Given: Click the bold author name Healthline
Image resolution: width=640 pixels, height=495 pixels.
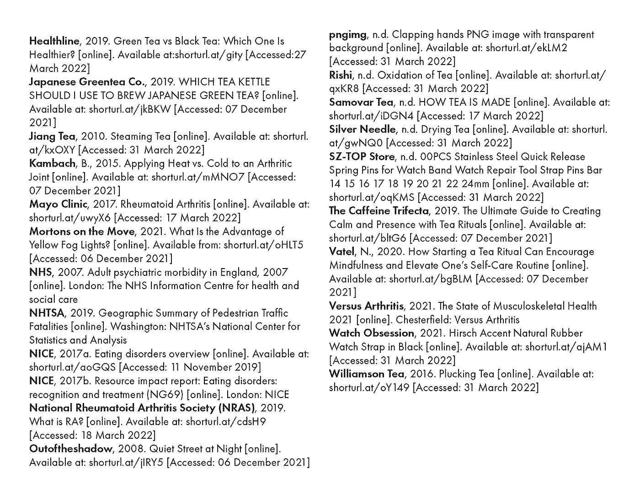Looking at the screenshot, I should coord(54,41).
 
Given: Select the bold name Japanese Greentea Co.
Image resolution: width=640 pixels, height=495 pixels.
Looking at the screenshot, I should coord(87,82).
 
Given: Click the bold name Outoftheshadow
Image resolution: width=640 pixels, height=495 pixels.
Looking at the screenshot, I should coord(70,449).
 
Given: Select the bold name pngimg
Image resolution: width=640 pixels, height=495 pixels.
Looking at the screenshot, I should coord(347,35).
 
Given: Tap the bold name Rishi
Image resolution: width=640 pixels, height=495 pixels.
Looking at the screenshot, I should coord(341,75).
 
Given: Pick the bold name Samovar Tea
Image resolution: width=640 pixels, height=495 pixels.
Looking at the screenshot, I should coord(361,102).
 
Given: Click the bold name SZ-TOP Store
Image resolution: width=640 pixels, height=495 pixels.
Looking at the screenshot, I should coord(361,156).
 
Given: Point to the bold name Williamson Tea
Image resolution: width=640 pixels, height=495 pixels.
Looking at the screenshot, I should coord(367,374).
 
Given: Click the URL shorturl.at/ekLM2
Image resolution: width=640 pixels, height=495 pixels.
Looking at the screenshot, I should coord(526,48).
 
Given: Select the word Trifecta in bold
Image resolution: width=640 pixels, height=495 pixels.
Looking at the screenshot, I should coord(406,211).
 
